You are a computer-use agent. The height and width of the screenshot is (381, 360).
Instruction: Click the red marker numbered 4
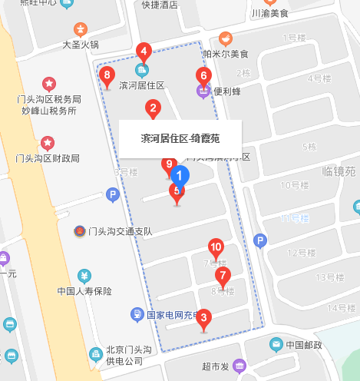[x=143, y=53]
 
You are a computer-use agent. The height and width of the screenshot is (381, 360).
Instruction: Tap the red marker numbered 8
[x=107, y=76]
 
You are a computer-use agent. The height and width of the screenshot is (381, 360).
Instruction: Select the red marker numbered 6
[x=203, y=76]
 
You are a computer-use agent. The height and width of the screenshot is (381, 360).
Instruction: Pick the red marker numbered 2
[x=154, y=109]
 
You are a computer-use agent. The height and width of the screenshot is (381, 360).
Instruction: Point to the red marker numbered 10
[x=216, y=248]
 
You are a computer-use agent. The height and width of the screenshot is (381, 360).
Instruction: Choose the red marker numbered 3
[x=203, y=315]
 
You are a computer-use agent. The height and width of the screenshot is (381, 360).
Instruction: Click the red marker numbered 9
[x=170, y=164]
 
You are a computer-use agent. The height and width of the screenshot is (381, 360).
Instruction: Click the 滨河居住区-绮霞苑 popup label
[x=180, y=139]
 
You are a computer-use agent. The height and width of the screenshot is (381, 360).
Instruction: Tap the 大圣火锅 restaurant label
[x=81, y=45]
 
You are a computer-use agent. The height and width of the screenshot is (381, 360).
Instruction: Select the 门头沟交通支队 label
[x=120, y=231]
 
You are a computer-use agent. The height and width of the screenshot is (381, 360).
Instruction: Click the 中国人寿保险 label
[x=84, y=291]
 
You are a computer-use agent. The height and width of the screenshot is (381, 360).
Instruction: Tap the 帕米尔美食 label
[x=226, y=54]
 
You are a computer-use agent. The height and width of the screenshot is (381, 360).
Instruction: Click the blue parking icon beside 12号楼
[x=260, y=242]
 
